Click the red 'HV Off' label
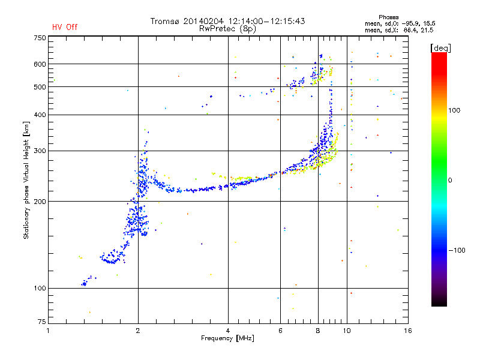tap(65, 27)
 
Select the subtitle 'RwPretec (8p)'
tap(227, 29)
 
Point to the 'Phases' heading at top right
tap(388, 17)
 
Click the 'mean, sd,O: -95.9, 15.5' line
tap(400, 23)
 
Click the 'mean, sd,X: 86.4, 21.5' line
tap(399, 31)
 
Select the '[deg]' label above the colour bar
tap(440, 48)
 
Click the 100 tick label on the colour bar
tap(454, 110)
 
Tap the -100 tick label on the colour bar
tap(457, 250)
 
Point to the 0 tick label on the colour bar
tap(450, 181)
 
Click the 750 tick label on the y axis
tap(40, 38)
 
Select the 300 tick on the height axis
tap(40, 151)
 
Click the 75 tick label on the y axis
tap(42, 322)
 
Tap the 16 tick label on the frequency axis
tap(408, 331)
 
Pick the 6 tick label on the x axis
tap(280, 331)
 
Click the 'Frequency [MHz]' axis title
tap(227, 338)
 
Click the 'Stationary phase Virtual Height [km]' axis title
tap(26, 180)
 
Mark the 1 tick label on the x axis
tap(48, 331)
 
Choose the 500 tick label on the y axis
tap(40, 87)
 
